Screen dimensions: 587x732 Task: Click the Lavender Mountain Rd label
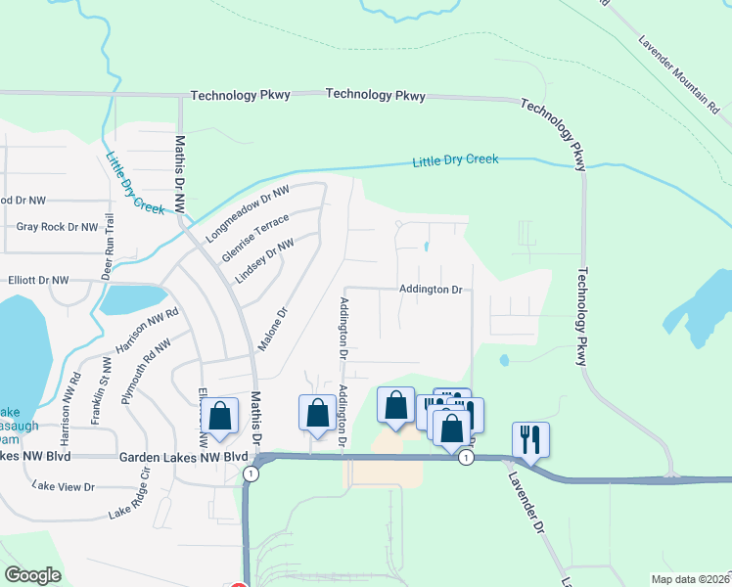tap(678, 74)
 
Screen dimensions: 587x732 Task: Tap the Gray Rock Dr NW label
tap(58, 227)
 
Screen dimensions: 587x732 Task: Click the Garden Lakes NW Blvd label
tap(183, 457)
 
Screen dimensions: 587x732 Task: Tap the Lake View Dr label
tap(64, 485)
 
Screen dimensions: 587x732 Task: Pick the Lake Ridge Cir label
tap(133, 498)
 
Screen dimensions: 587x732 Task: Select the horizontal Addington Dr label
tap(430, 290)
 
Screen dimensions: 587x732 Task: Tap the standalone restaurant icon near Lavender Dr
tap(530, 440)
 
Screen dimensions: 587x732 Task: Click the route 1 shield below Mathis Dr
tap(252, 474)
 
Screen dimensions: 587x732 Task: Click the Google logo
tap(32, 575)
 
